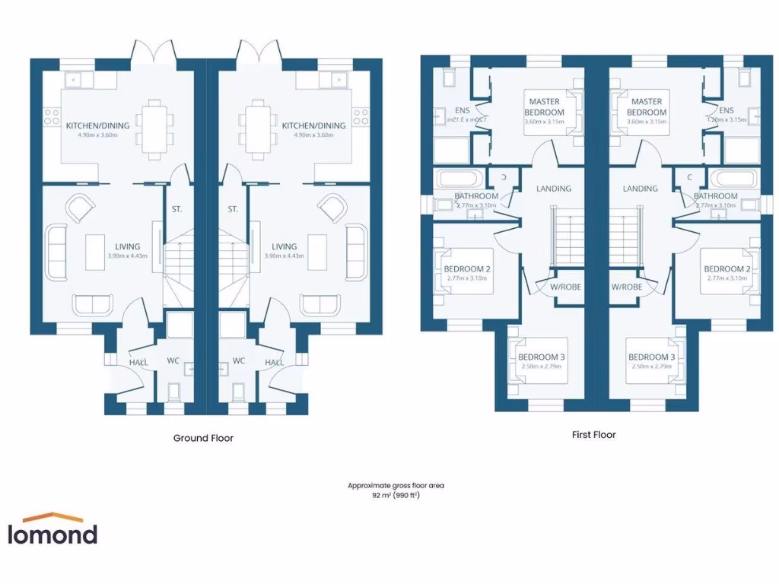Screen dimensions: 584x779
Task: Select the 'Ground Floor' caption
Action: pyautogui.click(x=203, y=438)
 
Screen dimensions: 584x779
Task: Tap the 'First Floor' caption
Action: pyautogui.click(x=593, y=435)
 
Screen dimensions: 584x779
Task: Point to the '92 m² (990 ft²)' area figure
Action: pyautogui.click(x=396, y=495)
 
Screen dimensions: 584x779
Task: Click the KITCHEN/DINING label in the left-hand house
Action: pyautogui.click(x=97, y=125)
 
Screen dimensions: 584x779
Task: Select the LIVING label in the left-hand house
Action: pyautogui.click(x=127, y=246)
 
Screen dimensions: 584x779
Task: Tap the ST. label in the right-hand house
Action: pyautogui.click(x=233, y=209)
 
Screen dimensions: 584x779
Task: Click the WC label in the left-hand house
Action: pyautogui.click(x=173, y=360)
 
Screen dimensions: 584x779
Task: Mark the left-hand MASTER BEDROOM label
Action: pyautogui.click(x=545, y=107)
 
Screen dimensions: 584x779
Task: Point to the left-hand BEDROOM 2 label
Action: pyautogui.click(x=466, y=269)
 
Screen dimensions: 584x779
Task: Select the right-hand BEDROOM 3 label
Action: pyautogui.click(x=651, y=357)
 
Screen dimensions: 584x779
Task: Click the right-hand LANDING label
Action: pyautogui.click(x=640, y=189)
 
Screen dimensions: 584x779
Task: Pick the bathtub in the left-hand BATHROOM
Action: pyautogui.click(x=456, y=181)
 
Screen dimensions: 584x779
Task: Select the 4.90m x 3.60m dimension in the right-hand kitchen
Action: pyautogui.click(x=313, y=135)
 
